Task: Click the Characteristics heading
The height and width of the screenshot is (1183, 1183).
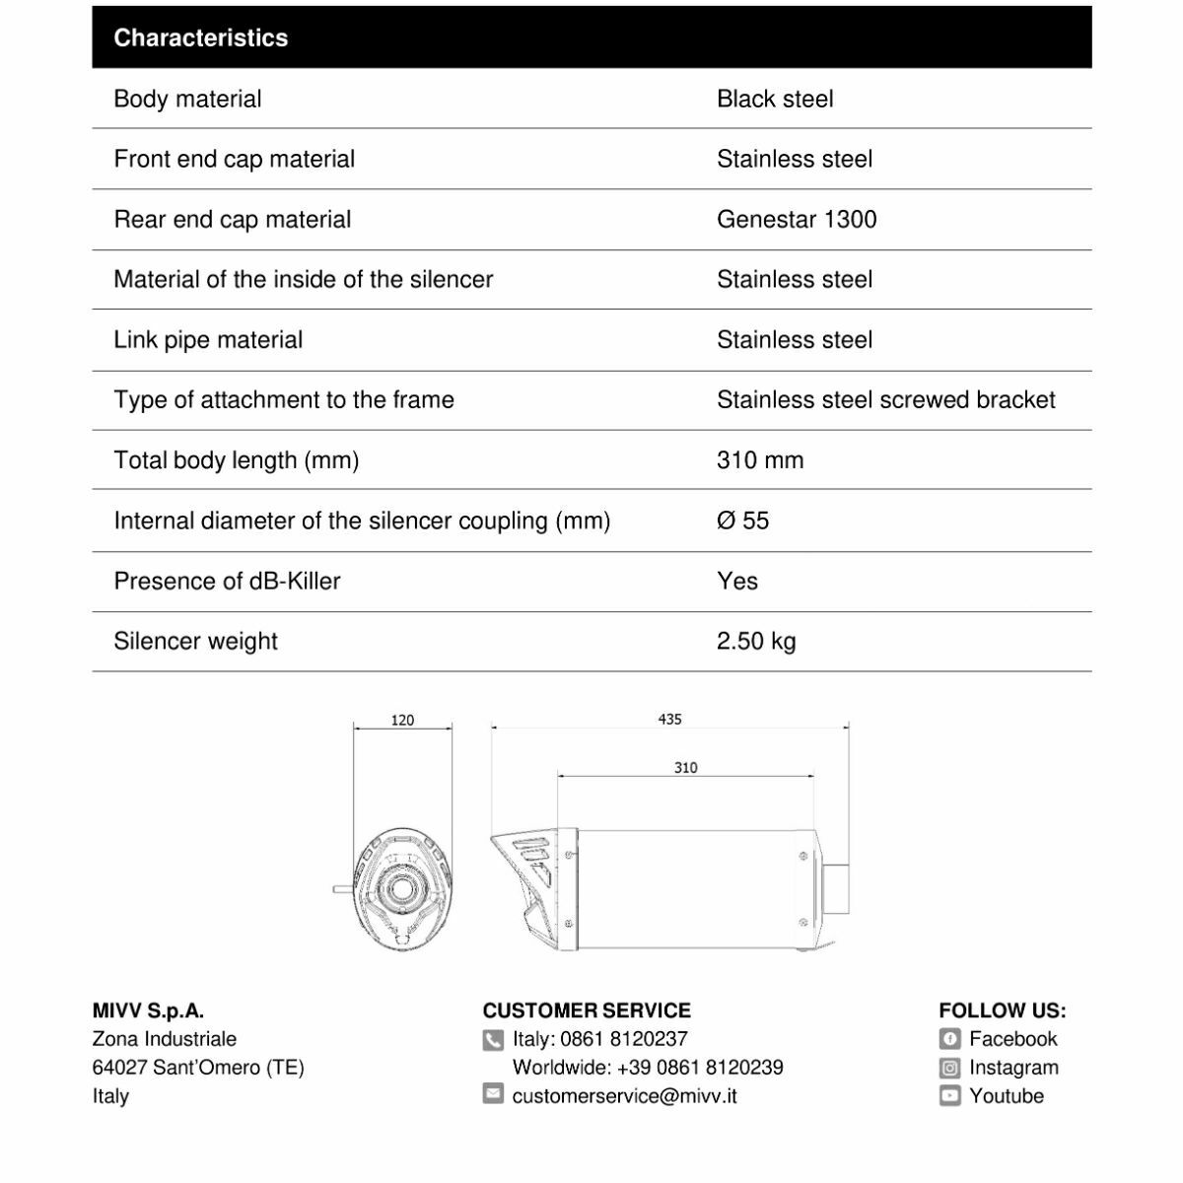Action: [201, 38]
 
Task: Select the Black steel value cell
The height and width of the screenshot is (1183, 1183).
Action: [775, 99]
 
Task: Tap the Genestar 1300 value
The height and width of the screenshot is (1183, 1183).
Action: [797, 219]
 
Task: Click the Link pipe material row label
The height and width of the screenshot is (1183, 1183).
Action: [208, 340]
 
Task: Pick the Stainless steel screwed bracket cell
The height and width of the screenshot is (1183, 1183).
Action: [885, 399]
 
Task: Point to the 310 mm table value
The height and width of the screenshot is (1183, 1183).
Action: [760, 460]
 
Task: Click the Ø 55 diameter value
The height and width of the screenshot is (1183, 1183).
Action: [742, 521]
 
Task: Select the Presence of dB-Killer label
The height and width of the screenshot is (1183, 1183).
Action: [227, 581]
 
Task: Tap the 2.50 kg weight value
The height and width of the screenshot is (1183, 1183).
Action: [756, 641]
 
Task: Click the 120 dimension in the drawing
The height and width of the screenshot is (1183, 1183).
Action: [402, 720]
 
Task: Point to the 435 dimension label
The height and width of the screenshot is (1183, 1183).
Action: [669, 719]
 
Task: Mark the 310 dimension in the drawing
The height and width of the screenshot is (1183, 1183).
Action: [685, 767]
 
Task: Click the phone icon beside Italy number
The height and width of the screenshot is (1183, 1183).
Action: [494, 1040]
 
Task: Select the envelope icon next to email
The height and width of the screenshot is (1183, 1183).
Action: [494, 1094]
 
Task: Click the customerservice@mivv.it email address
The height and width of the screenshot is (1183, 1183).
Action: [624, 1095]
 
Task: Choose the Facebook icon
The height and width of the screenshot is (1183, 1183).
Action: [949, 1039]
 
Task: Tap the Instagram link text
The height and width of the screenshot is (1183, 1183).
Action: [1013, 1068]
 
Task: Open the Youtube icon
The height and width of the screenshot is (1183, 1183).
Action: [949, 1095]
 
